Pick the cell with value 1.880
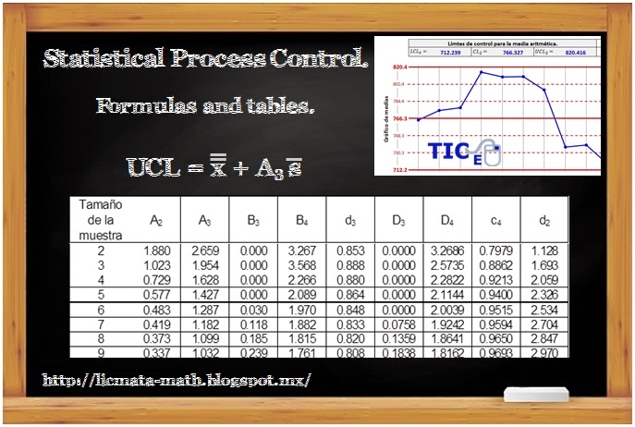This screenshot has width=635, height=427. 156,250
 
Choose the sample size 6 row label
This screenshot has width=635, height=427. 101,310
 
